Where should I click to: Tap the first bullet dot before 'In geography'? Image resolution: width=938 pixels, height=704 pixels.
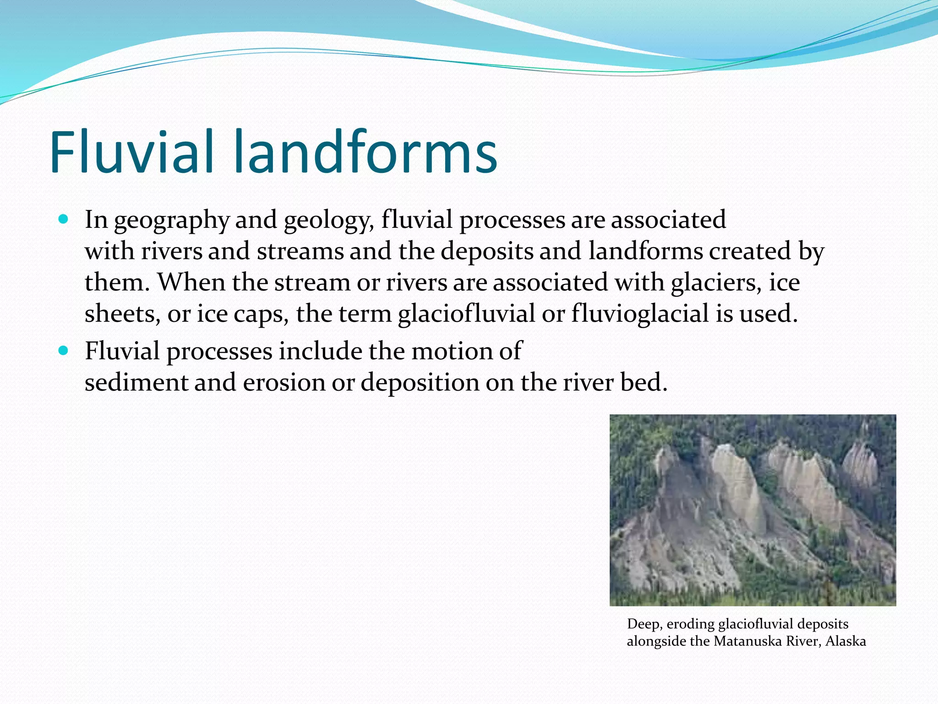tap(63, 219)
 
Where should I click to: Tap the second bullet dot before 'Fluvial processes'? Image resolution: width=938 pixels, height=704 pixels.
tap(63, 351)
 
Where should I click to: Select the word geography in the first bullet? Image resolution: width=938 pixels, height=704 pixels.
tap(171, 221)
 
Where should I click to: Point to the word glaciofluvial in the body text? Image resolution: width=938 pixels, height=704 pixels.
tap(466, 314)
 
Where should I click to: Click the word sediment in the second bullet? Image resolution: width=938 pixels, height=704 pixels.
tap(136, 382)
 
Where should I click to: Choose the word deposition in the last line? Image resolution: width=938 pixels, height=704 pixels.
tap(420, 383)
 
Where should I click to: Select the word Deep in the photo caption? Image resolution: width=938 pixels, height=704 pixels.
tap(644, 624)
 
